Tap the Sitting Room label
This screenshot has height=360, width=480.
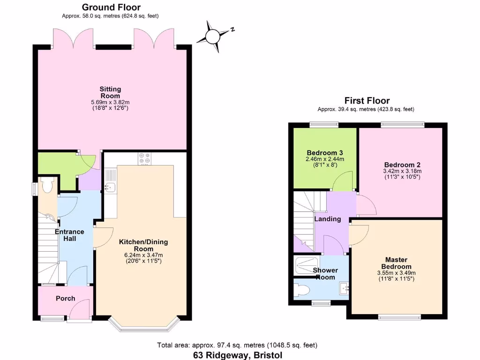[110, 92]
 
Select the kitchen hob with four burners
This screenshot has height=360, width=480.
[144, 159]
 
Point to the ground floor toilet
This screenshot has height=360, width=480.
[47, 187]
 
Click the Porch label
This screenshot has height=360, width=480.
[65, 299]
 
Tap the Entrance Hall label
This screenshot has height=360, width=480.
[69, 235]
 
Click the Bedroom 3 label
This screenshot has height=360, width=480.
[325, 153]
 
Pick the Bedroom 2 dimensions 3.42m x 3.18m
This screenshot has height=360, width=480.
[402, 171]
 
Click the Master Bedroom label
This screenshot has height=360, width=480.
[396, 263]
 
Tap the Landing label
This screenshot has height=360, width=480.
[327, 219]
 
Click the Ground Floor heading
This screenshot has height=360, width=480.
[111, 7]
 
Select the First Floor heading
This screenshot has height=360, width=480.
[367, 100]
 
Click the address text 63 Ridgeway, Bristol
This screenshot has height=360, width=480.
[238, 355]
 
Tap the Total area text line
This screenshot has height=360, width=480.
[238, 345]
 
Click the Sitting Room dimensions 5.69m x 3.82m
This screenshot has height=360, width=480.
[110, 102]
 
